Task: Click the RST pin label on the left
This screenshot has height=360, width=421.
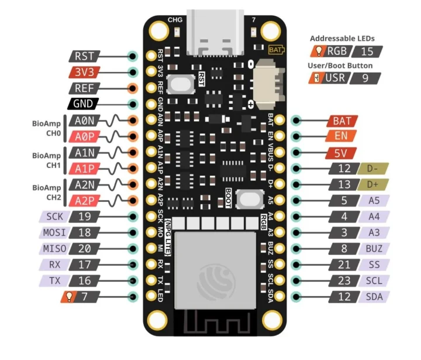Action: [x=84, y=56]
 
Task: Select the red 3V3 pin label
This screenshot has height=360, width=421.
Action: [x=84, y=73]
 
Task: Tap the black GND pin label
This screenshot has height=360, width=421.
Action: [x=84, y=104]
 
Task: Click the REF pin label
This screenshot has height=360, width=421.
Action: [x=84, y=88]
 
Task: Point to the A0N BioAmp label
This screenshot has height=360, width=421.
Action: [x=85, y=121]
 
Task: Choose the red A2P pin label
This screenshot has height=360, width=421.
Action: [x=85, y=201]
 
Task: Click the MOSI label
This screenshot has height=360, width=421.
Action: [x=54, y=232]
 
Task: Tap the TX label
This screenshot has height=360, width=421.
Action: [x=54, y=280]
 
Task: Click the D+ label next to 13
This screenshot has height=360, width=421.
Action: [x=373, y=185]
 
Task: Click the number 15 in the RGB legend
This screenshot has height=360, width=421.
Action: [x=367, y=52]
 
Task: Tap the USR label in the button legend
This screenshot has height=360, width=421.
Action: [x=336, y=78]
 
